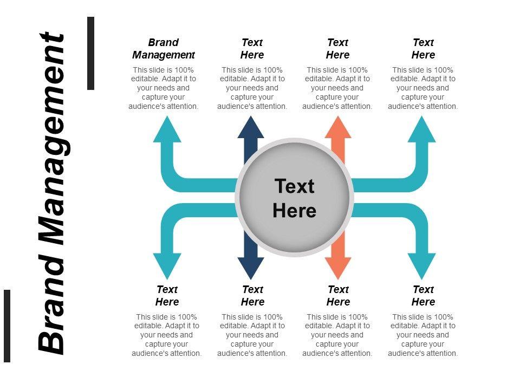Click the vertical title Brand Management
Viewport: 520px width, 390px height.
(52, 193)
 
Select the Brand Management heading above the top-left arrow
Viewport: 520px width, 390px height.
(163, 49)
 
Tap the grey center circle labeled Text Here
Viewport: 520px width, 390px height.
(294, 198)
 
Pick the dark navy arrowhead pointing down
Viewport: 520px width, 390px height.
(251, 267)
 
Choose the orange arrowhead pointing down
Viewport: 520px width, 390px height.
(337, 267)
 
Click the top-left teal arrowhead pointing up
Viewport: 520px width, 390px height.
(167, 130)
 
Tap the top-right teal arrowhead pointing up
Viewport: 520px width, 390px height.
(422, 130)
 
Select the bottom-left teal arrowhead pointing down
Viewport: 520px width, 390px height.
(167, 265)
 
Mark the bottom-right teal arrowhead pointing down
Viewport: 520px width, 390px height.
(422, 265)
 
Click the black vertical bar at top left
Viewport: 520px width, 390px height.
(90, 53)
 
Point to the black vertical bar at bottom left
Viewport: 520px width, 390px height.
(7, 326)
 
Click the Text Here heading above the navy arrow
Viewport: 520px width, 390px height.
(252, 49)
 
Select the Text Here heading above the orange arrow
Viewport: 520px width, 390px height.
(337, 49)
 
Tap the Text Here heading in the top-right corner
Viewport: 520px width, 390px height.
(423, 49)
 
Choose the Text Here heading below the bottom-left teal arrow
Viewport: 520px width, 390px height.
(167, 296)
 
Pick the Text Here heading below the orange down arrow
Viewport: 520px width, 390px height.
(338, 296)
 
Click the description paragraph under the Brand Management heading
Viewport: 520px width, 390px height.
(164, 88)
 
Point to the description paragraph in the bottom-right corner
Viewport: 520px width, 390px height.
(423, 335)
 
